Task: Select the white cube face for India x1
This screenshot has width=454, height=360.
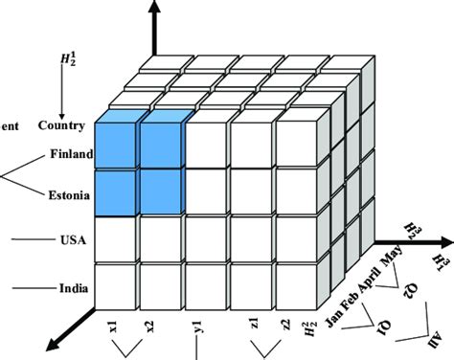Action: tap(117, 283)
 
